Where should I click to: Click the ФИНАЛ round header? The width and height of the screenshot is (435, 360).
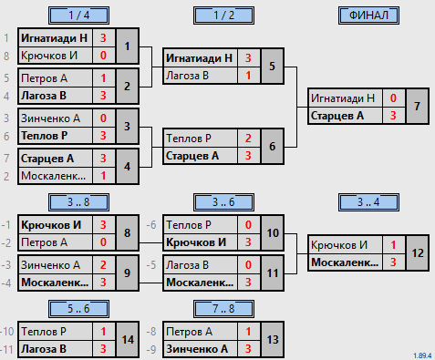[368, 15]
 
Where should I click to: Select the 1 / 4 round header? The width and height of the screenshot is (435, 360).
[78, 15]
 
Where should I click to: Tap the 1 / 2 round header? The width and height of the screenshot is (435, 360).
[223, 15]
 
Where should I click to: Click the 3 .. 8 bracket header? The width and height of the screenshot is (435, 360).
[78, 202]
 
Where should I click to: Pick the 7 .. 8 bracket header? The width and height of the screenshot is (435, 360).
[223, 309]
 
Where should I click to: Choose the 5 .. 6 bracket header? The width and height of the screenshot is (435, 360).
[78, 309]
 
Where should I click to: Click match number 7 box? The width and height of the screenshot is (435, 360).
[418, 107]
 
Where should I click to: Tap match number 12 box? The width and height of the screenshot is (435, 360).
[418, 253]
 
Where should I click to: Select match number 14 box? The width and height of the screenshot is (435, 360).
[128, 340]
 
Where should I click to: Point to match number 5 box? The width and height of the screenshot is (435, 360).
[273, 66]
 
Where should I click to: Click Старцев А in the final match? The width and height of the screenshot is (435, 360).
[337, 116]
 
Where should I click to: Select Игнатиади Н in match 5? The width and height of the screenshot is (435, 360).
[199, 58]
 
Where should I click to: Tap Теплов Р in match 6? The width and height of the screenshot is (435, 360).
[189, 139]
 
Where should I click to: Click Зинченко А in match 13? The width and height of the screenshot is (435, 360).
[197, 349]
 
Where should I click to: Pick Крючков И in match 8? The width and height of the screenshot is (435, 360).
[51, 225]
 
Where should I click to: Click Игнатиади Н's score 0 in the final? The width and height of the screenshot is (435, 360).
[393, 98]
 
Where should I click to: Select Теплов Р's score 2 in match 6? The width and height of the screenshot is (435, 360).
[248, 139]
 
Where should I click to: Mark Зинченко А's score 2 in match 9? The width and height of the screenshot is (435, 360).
[103, 265]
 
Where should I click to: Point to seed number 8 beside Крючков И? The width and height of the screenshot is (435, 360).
[6, 57]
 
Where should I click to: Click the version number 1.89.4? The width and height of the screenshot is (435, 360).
[422, 355]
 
